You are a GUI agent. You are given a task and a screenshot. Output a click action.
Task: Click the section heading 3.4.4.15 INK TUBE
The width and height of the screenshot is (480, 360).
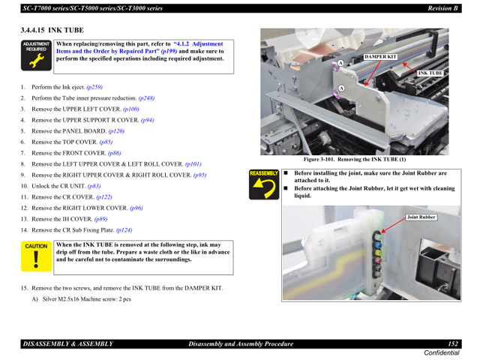(52, 30)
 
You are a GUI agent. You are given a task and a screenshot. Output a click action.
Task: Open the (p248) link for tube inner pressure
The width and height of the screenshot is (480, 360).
(146, 98)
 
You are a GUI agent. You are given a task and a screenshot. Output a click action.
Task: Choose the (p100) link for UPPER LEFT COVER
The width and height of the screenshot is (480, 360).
(130, 109)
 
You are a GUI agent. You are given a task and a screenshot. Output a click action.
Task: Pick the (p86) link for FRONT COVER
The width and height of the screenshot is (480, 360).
(114, 153)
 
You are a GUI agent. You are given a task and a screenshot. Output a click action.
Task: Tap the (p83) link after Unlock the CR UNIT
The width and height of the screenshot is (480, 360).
(94, 186)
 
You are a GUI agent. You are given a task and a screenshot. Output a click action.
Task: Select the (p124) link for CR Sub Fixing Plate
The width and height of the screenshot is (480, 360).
(124, 230)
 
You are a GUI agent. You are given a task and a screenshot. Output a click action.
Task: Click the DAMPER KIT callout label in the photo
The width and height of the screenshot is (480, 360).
(380, 57)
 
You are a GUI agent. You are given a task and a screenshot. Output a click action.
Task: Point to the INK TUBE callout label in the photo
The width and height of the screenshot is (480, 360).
(430, 73)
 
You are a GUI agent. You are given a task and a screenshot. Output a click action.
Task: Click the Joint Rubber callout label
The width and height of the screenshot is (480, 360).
(421, 217)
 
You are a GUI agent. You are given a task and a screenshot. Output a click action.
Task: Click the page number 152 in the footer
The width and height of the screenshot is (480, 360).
(453, 343)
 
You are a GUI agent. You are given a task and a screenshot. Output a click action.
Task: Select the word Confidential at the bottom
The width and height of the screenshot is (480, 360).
(442, 353)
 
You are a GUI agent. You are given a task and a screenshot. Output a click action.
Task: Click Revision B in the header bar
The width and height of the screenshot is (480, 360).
(442, 7)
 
